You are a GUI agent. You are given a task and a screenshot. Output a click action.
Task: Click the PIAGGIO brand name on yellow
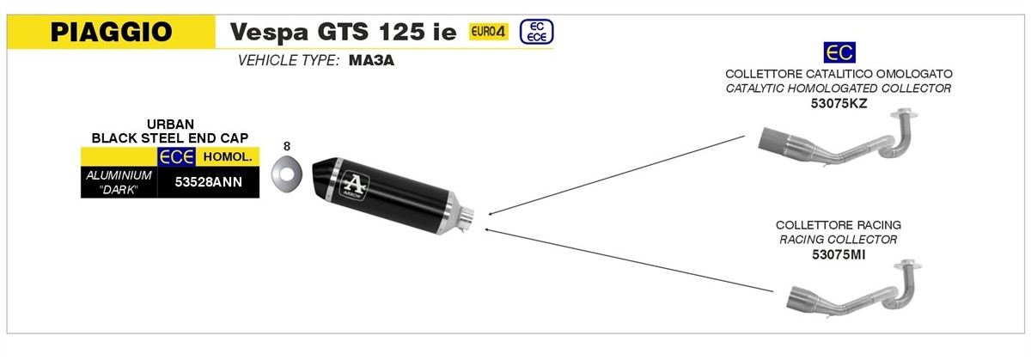pos(112,32)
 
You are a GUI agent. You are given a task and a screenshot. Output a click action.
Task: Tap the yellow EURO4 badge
pos(488,31)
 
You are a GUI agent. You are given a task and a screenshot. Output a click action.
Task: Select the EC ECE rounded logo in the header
pos(537,32)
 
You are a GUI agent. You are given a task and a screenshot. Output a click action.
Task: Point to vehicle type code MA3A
pos(371,60)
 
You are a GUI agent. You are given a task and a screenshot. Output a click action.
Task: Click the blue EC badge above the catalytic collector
pos(839,52)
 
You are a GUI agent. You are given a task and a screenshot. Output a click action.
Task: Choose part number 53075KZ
pos(839,103)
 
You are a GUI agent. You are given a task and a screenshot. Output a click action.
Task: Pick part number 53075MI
pos(839,254)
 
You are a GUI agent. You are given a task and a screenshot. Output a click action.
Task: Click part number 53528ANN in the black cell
pos(209,182)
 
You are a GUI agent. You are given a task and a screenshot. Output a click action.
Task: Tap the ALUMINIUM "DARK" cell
pos(119,182)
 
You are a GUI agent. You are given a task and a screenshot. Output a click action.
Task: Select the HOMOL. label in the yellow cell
pos(228,156)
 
